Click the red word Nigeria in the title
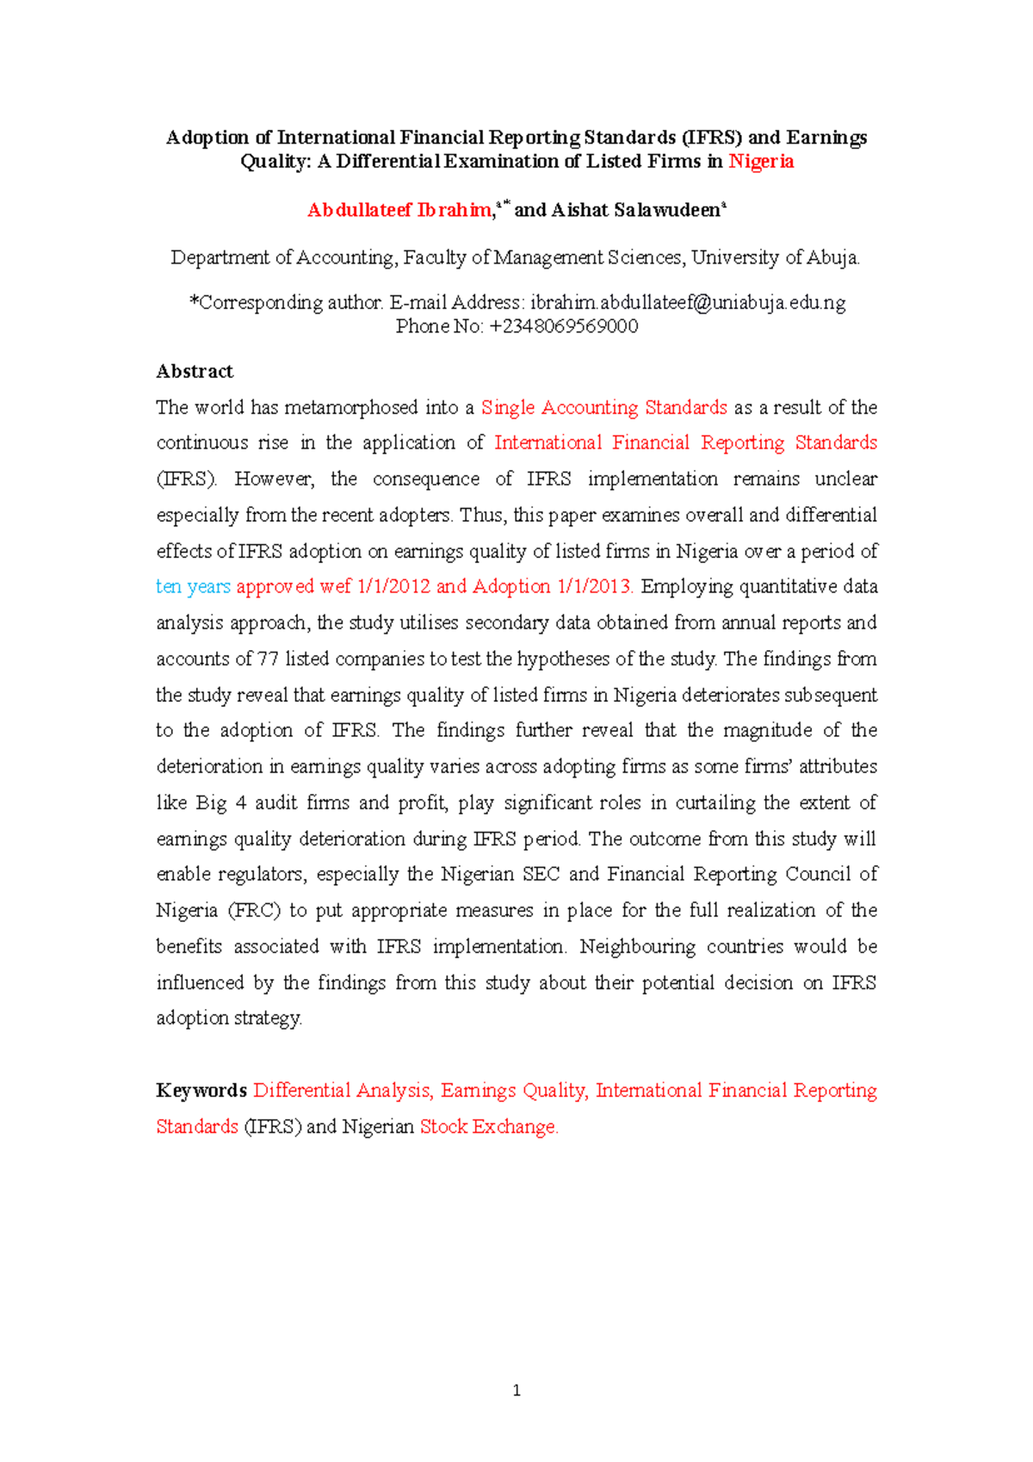761,162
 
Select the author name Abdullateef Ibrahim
399,210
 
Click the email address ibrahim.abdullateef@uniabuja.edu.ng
688,303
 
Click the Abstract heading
195,372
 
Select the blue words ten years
193,587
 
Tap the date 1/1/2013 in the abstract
595,587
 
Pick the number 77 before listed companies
269,660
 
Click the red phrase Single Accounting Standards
604,408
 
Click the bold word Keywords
201,1091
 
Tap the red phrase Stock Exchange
488,1127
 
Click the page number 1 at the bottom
516,1391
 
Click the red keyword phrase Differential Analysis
342,1091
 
